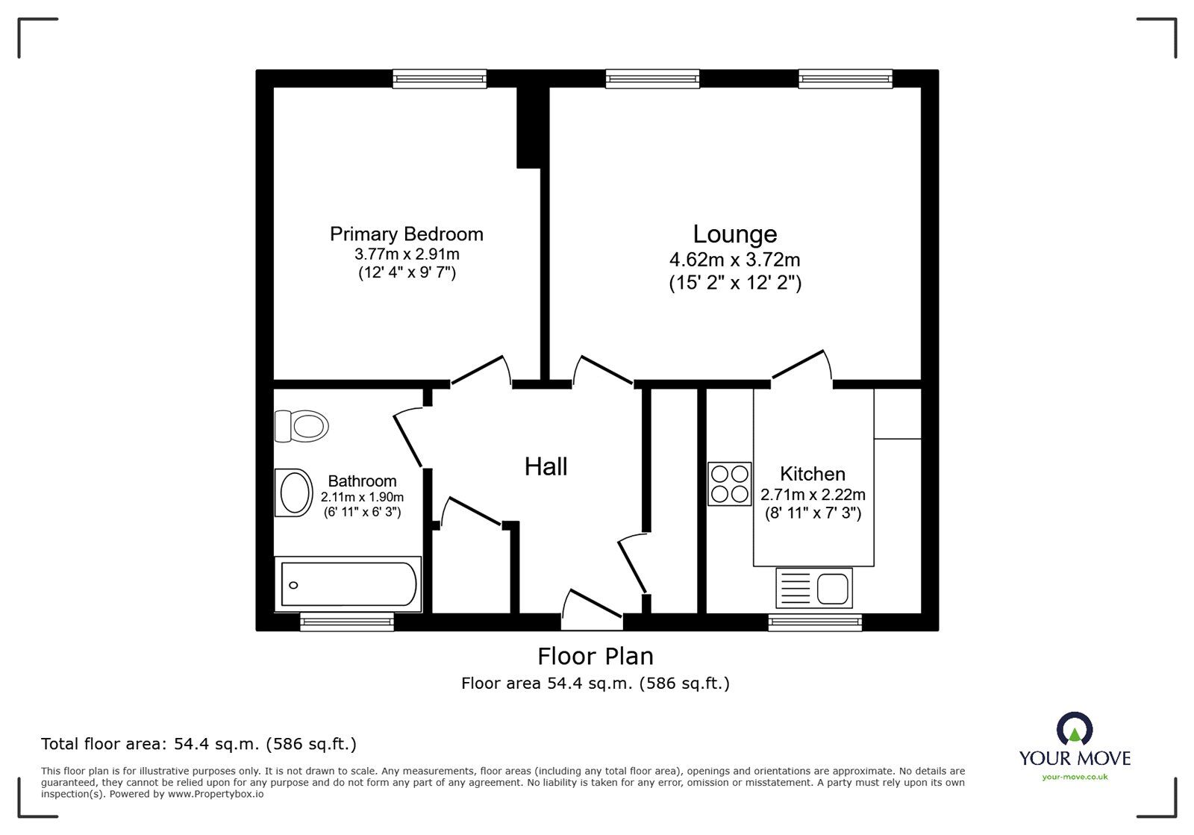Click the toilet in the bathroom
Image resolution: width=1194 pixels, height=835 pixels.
tap(301, 426)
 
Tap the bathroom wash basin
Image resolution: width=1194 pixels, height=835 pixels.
tap(294, 493)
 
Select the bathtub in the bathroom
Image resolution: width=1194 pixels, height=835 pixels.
tap(348, 584)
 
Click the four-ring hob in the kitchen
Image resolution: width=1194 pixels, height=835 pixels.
tap(729, 484)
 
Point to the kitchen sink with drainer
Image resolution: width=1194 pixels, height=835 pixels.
tap(814, 588)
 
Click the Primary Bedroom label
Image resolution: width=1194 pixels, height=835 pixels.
tap(406, 234)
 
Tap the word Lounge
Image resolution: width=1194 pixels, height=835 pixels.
tap(735, 234)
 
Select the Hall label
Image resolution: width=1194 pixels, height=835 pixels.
tap(546, 467)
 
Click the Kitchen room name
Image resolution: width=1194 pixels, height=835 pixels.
tap(813, 474)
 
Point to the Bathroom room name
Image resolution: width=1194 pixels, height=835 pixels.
tap(363, 481)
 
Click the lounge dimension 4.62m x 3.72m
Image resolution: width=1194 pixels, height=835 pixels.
tap(735, 260)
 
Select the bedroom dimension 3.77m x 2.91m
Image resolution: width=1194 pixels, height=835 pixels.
tap(407, 254)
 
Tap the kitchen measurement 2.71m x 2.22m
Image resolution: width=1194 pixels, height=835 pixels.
tap(813, 495)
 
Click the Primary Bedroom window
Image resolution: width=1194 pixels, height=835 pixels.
tap(440, 79)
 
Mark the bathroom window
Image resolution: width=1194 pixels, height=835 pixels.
tap(347, 622)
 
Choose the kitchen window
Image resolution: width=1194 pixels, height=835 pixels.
tap(815, 622)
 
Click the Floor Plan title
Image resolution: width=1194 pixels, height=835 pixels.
tap(596, 657)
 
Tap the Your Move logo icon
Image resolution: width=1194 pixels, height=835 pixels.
tap(1075, 728)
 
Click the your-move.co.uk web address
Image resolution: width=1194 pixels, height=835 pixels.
tap(1075, 777)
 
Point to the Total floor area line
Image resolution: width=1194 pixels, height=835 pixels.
tap(199, 744)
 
